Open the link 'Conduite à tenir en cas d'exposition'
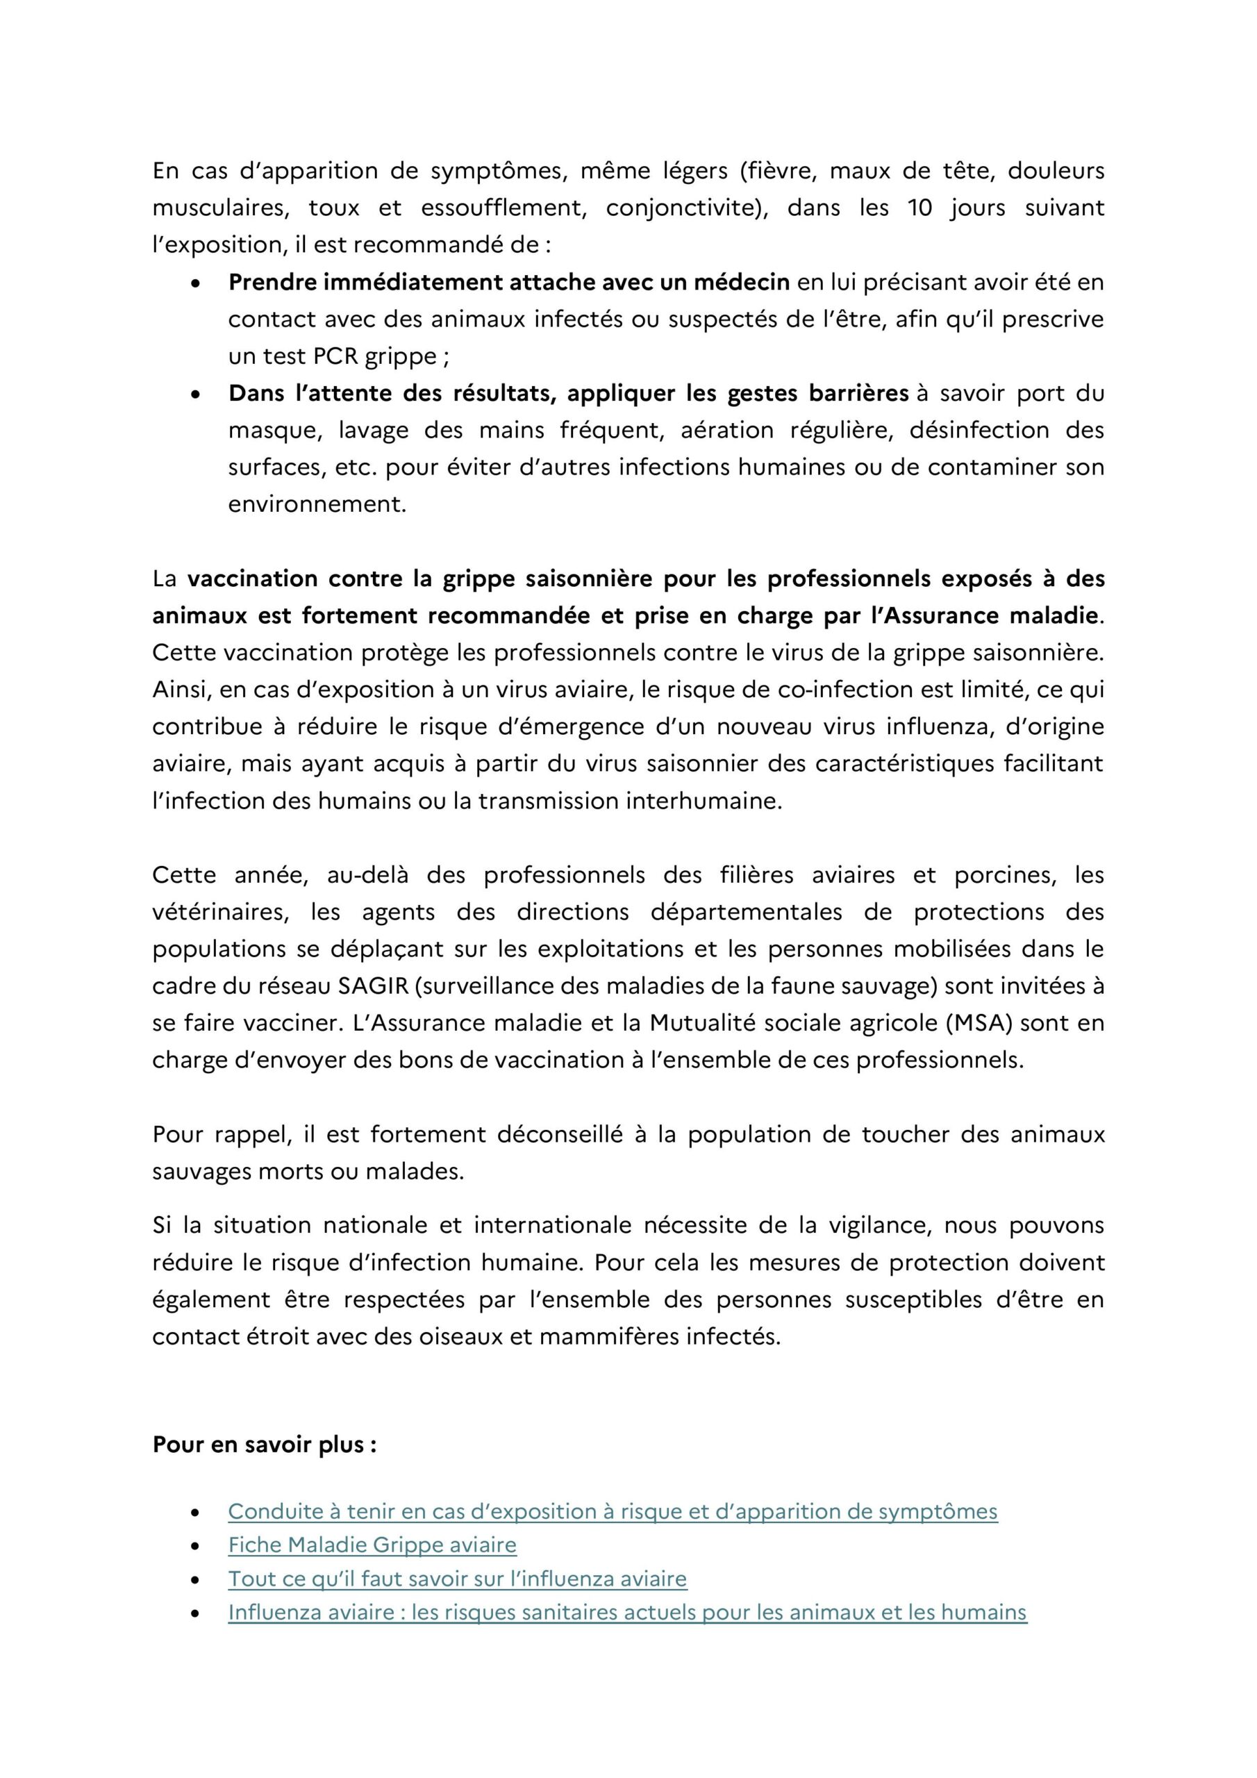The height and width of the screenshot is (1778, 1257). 612,1511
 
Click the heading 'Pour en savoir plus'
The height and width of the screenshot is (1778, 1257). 264,1445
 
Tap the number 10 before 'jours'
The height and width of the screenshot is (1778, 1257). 919,208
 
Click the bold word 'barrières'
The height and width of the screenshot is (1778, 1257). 858,393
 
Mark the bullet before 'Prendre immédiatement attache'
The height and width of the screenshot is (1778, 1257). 196,283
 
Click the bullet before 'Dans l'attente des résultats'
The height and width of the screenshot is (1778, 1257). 196,394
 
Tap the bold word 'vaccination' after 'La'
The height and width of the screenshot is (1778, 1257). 253,579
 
